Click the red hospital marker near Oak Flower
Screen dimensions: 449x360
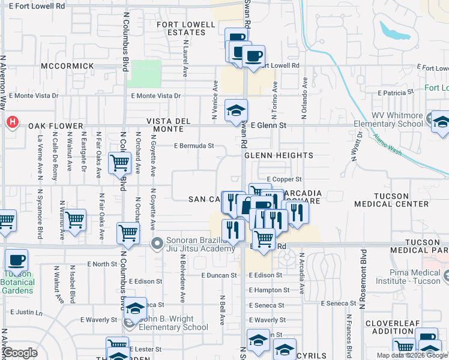[x=11, y=123]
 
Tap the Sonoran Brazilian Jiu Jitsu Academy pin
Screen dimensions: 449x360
[x=157, y=244]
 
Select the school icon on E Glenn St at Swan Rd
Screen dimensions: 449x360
[x=236, y=110]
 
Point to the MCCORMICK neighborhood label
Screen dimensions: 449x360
[x=68, y=65]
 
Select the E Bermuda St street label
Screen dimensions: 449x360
[x=194, y=146]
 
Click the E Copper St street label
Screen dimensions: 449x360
[x=283, y=179]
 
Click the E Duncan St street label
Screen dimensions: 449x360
[x=218, y=275]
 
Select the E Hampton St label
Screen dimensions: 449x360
[x=269, y=290]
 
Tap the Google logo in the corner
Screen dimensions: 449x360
[x=20, y=353]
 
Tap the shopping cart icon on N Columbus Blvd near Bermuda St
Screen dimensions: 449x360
[x=119, y=162]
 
